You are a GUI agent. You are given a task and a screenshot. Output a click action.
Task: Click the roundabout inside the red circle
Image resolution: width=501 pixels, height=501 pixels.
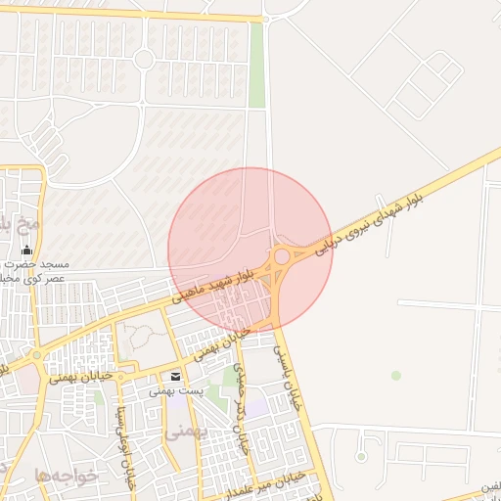point(282,256)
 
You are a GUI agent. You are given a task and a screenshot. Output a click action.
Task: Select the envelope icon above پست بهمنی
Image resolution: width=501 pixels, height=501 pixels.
point(175,377)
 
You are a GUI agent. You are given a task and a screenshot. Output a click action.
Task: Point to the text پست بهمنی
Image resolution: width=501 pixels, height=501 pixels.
point(176,390)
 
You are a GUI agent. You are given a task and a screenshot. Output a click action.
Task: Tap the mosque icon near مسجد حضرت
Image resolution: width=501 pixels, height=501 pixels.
point(26,250)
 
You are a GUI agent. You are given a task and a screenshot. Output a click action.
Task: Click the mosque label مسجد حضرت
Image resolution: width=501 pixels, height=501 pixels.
point(41,264)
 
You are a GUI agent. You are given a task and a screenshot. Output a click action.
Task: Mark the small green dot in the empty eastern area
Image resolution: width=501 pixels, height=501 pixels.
point(395,375)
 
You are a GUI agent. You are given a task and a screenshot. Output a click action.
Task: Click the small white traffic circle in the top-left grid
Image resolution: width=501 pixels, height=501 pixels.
point(144,60)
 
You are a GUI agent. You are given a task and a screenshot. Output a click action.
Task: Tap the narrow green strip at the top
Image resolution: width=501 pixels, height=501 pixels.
point(256,64)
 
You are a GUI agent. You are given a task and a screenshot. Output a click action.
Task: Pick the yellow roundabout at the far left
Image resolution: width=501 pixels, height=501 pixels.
point(37,355)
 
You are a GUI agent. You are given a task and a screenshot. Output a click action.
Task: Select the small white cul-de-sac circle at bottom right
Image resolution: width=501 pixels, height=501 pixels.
point(361,457)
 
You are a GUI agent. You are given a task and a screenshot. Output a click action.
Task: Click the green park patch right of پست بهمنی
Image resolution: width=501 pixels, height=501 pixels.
point(230,377)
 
